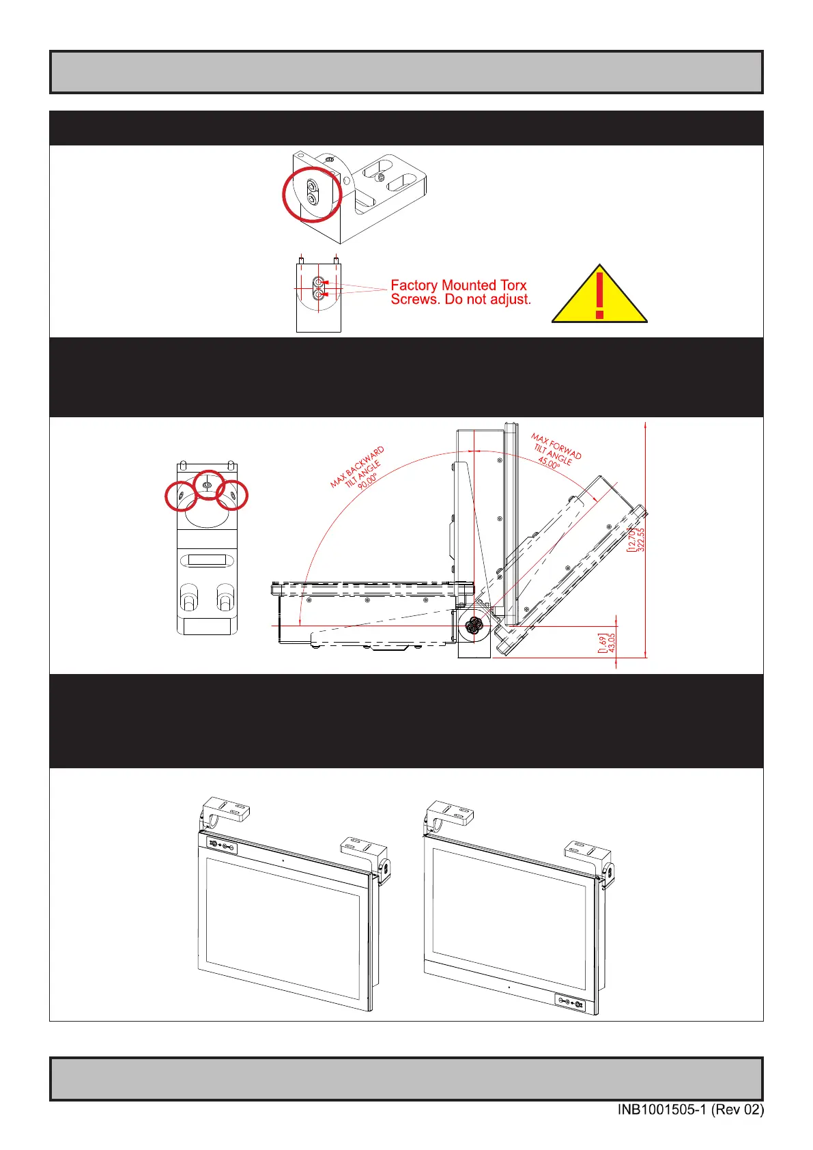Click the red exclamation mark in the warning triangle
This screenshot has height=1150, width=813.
coord(599,295)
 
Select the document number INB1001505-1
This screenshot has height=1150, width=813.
coord(662,1110)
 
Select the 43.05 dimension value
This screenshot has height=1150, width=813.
coord(612,643)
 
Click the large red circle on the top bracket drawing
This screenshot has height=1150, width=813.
coord(312,194)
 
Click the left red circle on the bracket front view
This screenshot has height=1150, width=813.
coord(182,496)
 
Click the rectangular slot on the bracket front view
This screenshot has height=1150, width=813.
coord(207,561)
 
